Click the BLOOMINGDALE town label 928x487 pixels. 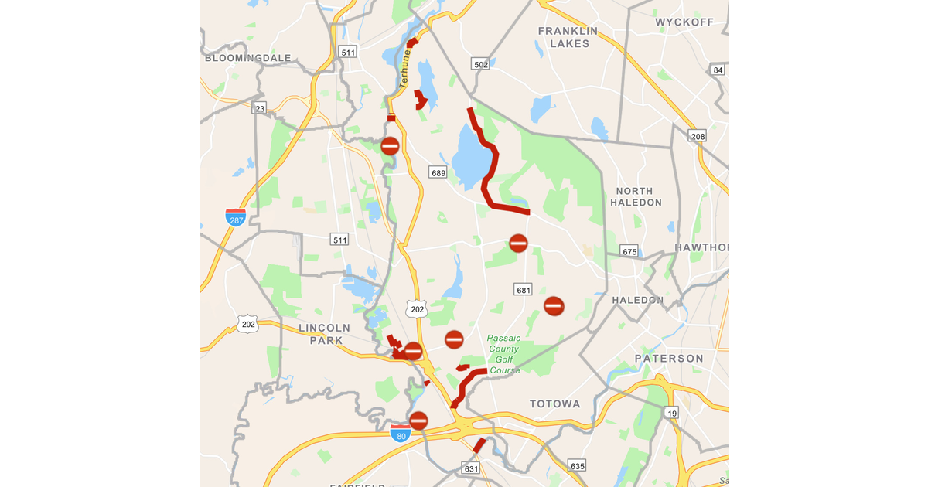click(x=247, y=58)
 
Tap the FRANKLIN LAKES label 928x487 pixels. click(x=568, y=37)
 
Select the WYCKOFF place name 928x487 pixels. click(x=684, y=22)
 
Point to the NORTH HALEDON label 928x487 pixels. click(x=636, y=196)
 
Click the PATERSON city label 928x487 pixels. click(x=669, y=359)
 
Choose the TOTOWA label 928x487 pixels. click(x=554, y=404)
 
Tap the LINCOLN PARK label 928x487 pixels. click(x=324, y=334)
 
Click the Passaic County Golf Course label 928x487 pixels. click(x=503, y=354)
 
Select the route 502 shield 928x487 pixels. click(x=481, y=64)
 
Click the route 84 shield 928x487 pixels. click(x=718, y=70)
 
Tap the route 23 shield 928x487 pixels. click(x=260, y=108)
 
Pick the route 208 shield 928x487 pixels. click(x=698, y=137)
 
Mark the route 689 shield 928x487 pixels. click(x=438, y=172)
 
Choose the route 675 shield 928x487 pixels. click(x=629, y=251)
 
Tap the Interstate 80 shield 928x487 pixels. click(x=400, y=433)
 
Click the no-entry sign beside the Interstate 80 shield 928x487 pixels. click(x=418, y=421)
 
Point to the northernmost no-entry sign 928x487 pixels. click(x=390, y=145)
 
